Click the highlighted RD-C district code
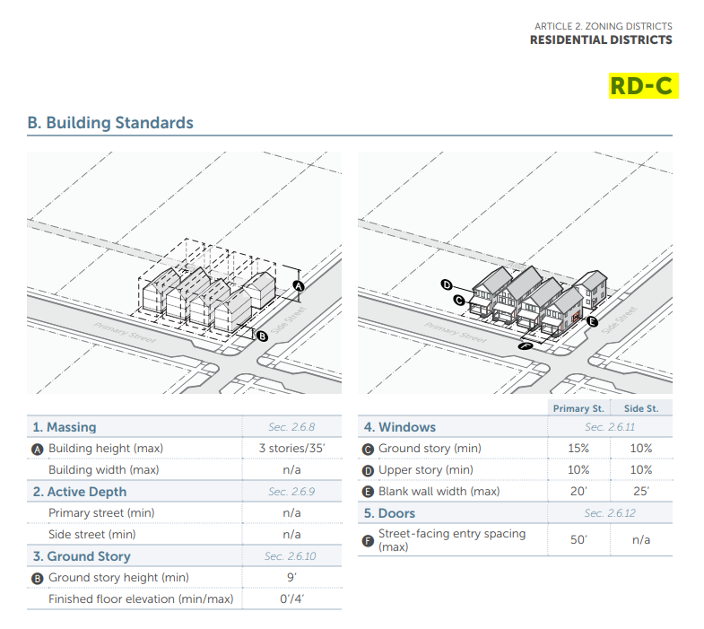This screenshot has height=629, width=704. coord(640,86)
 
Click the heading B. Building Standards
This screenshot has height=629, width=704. coord(110,123)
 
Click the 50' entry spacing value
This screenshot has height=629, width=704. coord(578,539)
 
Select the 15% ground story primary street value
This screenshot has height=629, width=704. coord(578,449)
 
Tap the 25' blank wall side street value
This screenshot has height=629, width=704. coord(640,492)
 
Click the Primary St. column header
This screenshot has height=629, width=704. coord(578,409)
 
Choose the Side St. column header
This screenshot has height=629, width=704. coord(640,409)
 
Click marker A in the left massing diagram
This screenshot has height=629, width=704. coord(299,286)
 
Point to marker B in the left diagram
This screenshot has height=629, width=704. coord(262,336)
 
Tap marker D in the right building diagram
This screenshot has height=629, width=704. coord(447,285)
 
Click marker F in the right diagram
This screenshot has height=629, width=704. coord(526,345)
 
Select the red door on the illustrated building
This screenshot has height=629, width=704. coord(574,317)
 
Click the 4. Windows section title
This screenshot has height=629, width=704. coord(399,427)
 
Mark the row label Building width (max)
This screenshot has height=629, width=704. coord(103,470)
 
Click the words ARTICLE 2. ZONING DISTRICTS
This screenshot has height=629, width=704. coord(603,27)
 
